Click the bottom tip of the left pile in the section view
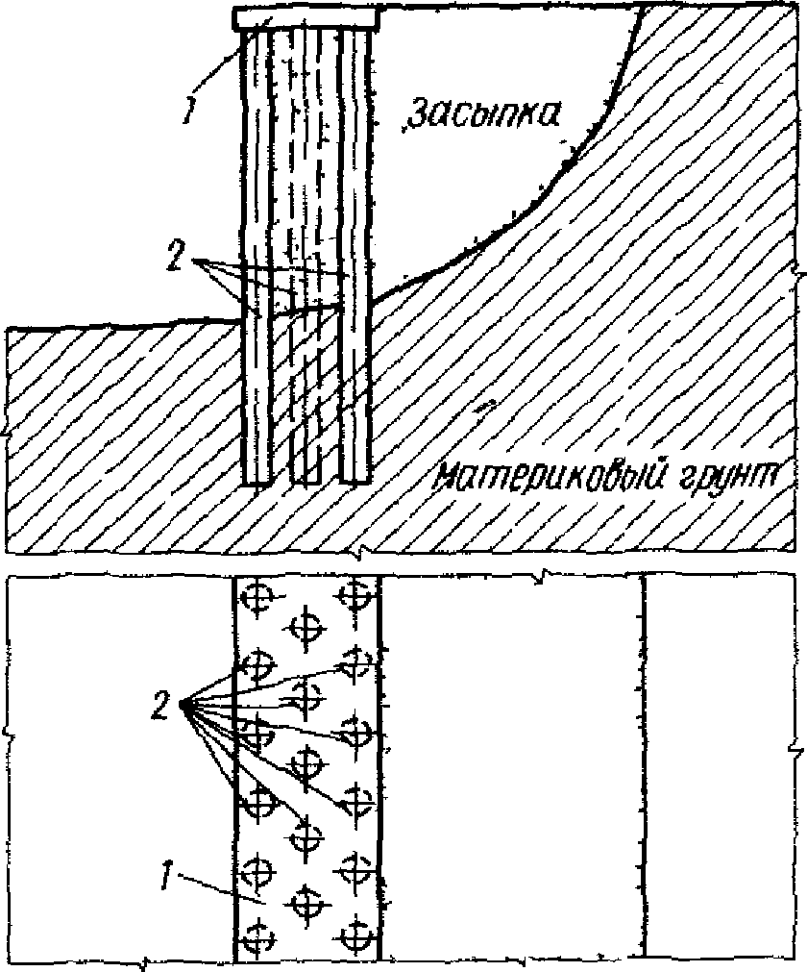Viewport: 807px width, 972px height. tap(257, 480)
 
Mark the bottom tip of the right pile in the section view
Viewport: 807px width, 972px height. tap(355, 478)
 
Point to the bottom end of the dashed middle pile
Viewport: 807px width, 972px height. tap(306, 479)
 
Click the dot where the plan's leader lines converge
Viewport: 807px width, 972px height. tap(183, 706)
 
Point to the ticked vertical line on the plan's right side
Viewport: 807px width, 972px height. tap(642, 769)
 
